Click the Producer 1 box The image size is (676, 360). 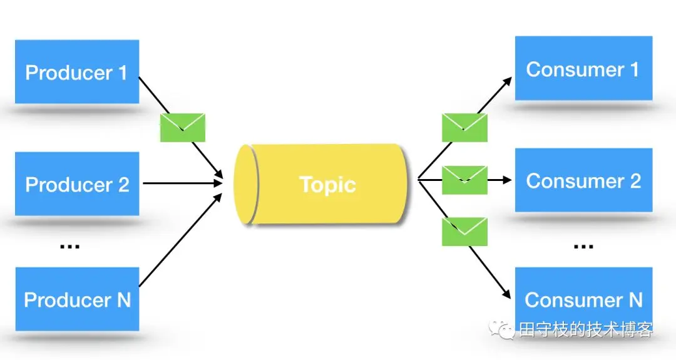pyautogui.click(x=76, y=72)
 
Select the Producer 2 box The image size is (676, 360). pyautogui.click(x=76, y=184)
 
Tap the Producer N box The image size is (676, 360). pyautogui.click(x=76, y=299)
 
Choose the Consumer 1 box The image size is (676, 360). pyautogui.click(x=583, y=69)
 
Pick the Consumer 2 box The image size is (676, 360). pyautogui.click(x=583, y=180)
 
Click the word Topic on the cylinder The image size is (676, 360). pyautogui.click(x=327, y=185)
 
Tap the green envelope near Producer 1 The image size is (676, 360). pyautogui.click(x=183, y=127)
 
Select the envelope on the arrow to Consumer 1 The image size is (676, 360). pyautogui.click(x=464, y=127)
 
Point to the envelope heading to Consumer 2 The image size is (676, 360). pyautogui.click(x=464, y=180)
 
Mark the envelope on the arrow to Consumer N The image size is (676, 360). pyautogui.click(x=464, y=231)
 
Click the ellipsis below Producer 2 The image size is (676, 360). pyautogui.click(x=69, y=245)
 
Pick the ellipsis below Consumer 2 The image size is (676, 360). pyautogui.click(x=583, y=245)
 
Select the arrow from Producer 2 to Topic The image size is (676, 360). pyautogui.click(x=182, y=183)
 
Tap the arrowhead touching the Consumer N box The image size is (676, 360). pyautogui.click(x=508, y=295)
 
